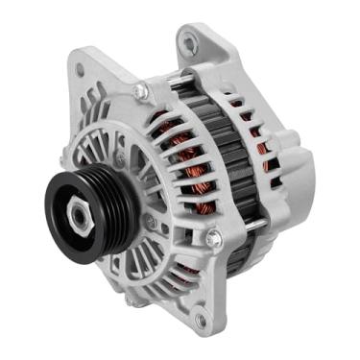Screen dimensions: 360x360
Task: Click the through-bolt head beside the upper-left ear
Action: click(x=140, y=92)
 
